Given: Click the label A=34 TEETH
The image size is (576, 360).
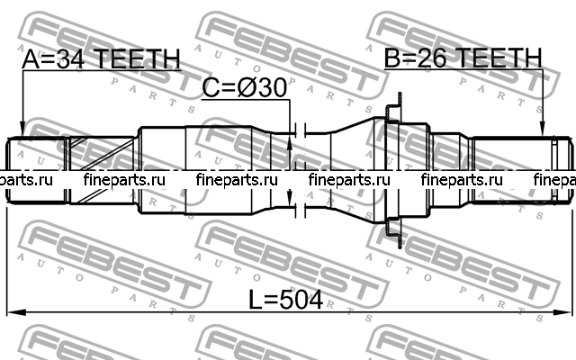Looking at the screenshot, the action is (x=102, y=58).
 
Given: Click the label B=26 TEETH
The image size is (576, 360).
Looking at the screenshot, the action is (x=463, y=58).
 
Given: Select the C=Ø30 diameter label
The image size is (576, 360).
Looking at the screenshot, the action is (x=244, y=88).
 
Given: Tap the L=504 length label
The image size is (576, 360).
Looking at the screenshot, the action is (x=286, y=300).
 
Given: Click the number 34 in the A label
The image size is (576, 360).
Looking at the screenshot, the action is (x=70, y=58).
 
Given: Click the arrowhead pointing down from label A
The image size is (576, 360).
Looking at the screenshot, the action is (x=22, y=130).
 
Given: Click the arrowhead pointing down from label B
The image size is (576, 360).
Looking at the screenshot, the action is (x=543, y=130).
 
